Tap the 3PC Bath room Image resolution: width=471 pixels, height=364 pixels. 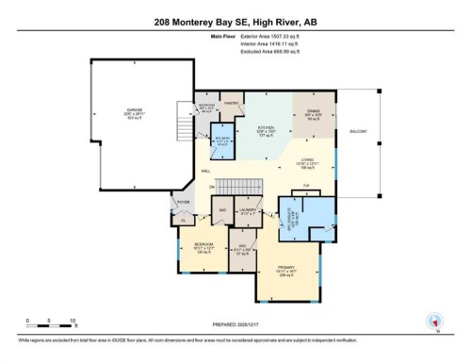click(222, 143)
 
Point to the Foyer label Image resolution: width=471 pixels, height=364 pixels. click(185, 203)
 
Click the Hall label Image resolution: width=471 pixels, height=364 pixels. click(205, 172)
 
